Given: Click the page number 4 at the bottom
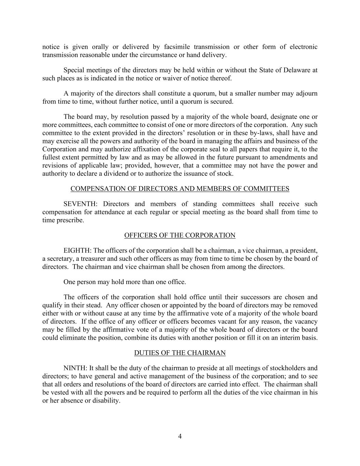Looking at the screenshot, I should [x=180, y=436].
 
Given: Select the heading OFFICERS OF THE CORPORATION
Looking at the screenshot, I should [x=180, y=235].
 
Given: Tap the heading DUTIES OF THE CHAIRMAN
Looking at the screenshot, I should [x=180, y=353].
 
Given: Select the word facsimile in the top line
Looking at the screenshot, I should [x=176, y=47].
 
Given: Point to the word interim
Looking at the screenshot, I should [x=289, y=338].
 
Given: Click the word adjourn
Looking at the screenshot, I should [x=306, y=93].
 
